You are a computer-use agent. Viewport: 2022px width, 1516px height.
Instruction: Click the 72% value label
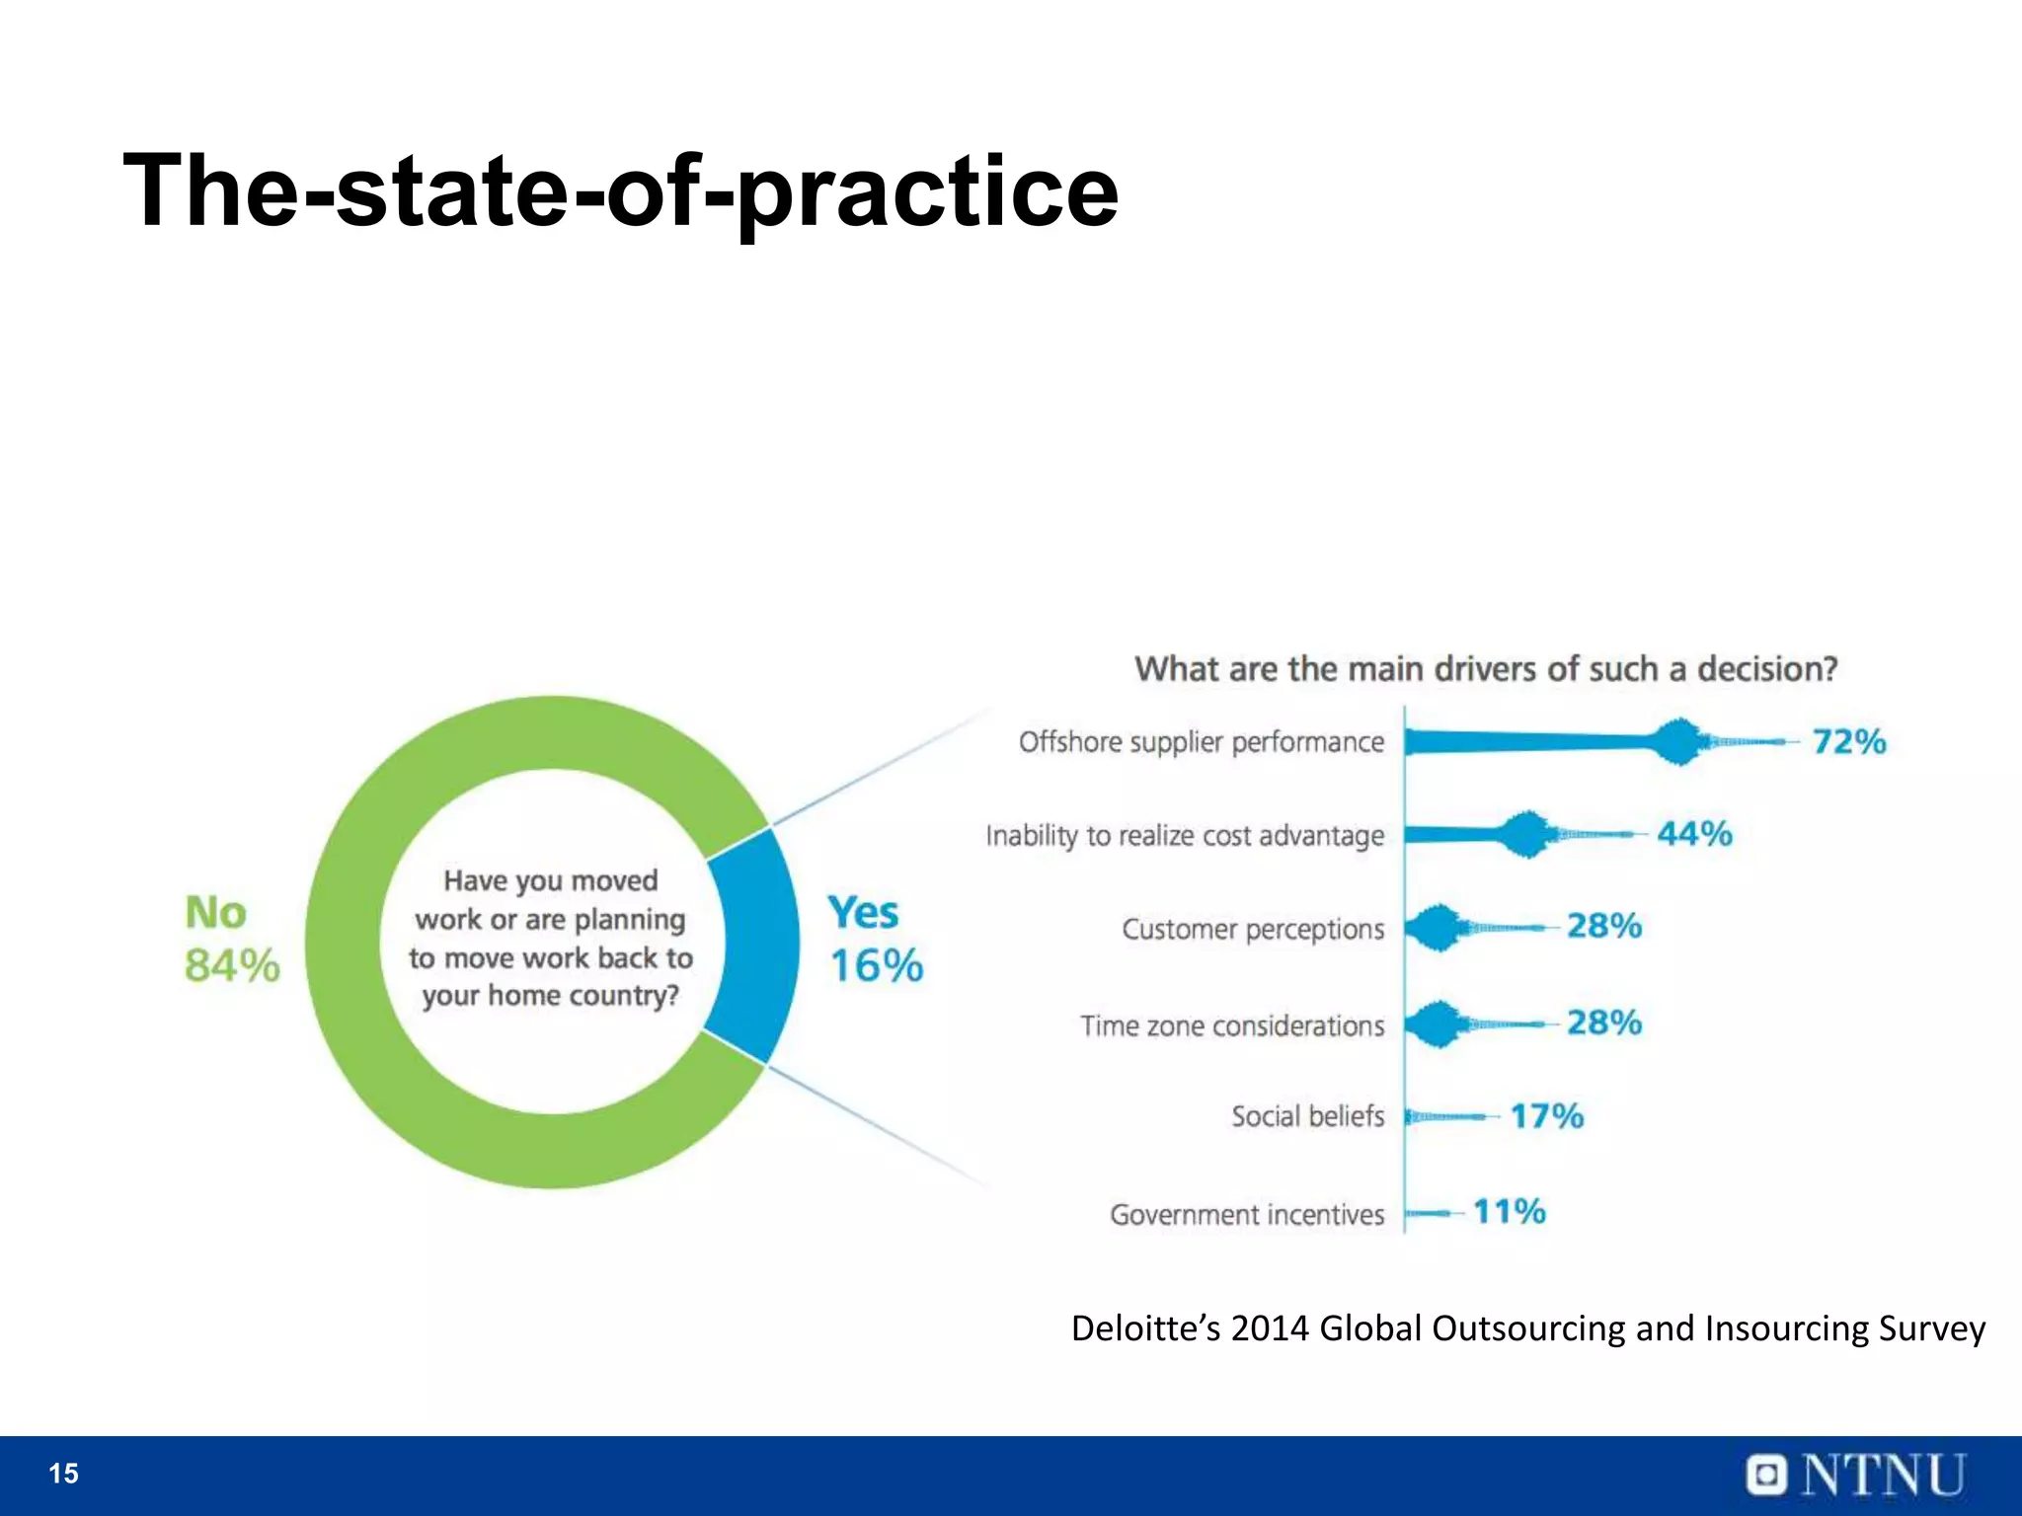[1848, 741]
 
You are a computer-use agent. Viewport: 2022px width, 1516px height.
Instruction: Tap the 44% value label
[1694, 834]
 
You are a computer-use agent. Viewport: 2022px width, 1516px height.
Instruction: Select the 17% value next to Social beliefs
[1546, 1116]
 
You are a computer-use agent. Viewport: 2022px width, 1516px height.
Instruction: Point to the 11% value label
[1509, 1211]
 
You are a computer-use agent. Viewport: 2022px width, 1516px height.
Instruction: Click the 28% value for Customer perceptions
[1603, 926]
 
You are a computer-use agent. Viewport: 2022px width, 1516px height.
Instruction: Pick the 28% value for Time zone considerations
[1603, 1023]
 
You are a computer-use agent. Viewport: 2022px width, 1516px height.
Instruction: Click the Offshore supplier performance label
[1201, 742]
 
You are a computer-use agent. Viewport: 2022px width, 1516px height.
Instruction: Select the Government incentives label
[1246, 1214]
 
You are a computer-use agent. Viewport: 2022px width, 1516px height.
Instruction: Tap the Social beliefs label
[1307, 1116]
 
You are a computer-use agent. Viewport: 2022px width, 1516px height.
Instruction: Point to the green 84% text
[232, 965]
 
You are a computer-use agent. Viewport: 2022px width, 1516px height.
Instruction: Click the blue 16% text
[876, 965]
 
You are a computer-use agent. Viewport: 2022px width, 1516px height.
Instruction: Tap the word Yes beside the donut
[863, 913]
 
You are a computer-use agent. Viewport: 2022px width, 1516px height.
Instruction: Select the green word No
[215, 913]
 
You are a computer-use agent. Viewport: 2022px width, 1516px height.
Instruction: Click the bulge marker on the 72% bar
[1677, 742]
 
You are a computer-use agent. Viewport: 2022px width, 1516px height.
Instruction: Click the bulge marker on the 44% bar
[1526, 835]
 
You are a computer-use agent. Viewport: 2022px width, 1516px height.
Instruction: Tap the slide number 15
[63, 1474]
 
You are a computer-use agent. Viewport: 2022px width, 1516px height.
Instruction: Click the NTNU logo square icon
[1766, 1476]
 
